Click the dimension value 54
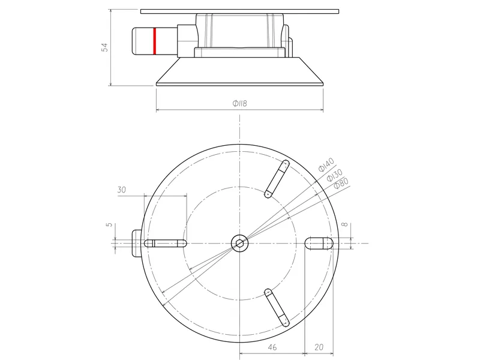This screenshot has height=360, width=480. tap(104, 47)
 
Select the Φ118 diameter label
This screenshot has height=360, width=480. tap(239, 103)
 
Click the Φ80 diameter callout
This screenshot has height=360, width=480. tap(341, 183)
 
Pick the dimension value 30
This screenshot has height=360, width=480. tap(122, 190)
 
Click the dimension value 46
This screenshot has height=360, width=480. tap(272, 347)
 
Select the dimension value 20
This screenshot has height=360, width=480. tap(319, 347)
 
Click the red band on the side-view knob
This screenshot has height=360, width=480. tap(155, 40)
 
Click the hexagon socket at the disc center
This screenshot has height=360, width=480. tap(239, 243)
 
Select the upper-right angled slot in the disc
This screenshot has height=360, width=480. tap(277, 179)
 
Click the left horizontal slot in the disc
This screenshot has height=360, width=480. tap(165, 243)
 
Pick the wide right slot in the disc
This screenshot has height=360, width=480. tap(319, 243)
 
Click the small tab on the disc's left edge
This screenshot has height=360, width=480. tap(136, 243)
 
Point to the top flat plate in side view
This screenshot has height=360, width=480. tap(240, 11)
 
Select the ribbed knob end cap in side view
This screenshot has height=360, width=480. tap(143, 40)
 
